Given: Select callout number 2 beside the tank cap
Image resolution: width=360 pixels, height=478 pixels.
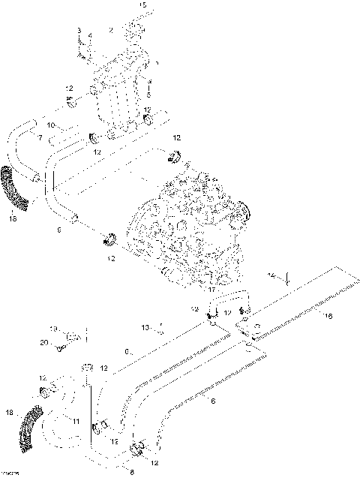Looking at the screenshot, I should coord(111,29).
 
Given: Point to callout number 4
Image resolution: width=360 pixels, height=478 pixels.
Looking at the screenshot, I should coord(90,35).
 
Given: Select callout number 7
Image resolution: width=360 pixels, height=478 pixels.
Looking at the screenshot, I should coord(40,138).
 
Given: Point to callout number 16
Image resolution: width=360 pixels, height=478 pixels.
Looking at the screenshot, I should coord(326,317).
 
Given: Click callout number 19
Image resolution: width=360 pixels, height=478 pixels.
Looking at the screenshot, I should coord(53,329).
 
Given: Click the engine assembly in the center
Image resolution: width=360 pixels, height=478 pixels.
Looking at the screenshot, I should coord(187,225).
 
